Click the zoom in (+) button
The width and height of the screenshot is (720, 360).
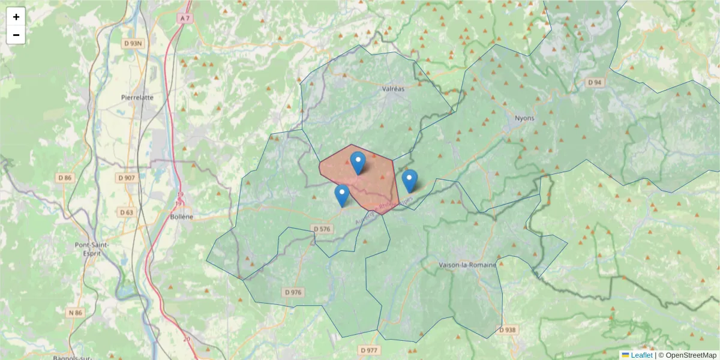click(x=16, y=17)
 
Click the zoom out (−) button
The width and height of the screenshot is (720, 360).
click(x=16, y=35)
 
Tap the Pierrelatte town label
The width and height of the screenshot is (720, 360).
click(x=137, y=97)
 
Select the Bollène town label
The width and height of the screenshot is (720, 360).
click(x=182, y=217)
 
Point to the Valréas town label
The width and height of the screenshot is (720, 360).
click(x=394, y=88)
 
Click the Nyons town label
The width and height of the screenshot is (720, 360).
click(x=524, y=118)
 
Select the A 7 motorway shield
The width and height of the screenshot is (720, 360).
click(x=185, y=19)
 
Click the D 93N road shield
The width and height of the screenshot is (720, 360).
click(x=133, y=43)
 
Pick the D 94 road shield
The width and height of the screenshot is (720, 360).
click(x=594, y=82)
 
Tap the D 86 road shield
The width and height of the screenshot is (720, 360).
click(x=65, y=178)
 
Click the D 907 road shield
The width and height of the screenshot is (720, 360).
click(x=127, y=178)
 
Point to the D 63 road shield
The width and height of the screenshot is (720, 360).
click(x=126, y=212)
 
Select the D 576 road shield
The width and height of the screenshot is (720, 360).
click(x=322, y=229)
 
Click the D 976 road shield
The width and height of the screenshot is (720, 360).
click(x=293, y=292)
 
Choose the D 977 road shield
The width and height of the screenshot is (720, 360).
click(x=370, y=350)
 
